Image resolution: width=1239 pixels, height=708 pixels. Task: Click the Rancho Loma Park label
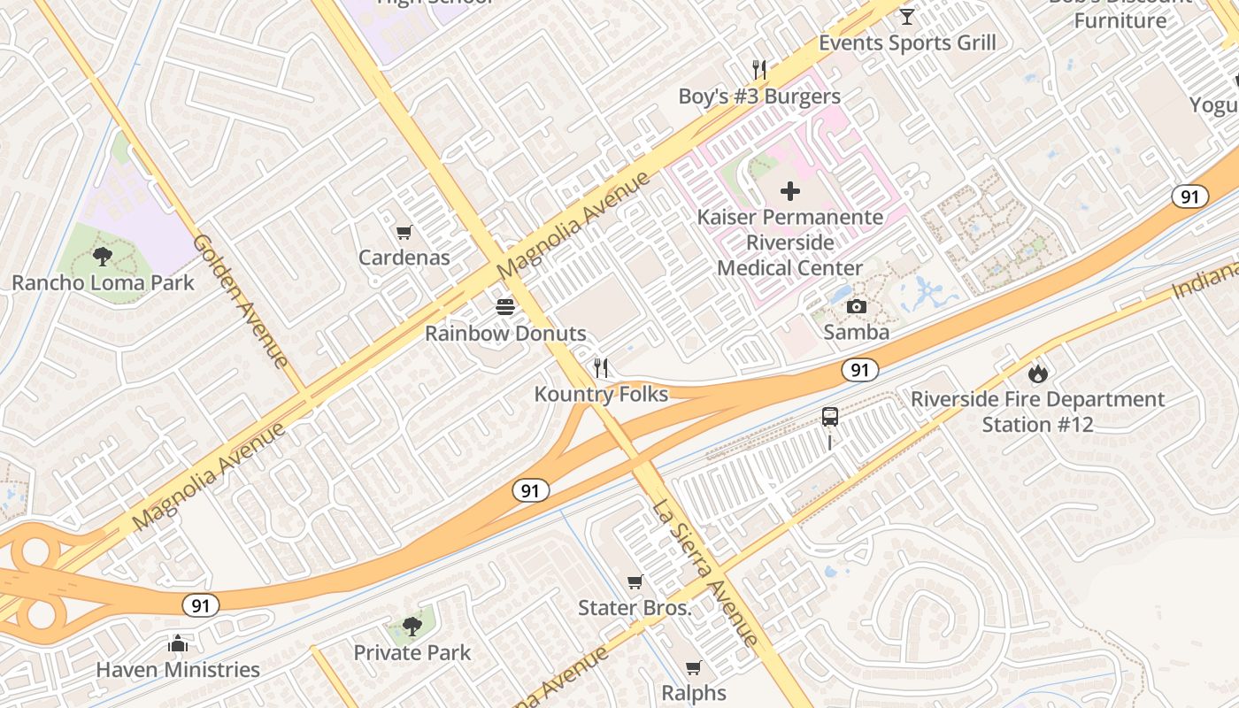coord(103,283)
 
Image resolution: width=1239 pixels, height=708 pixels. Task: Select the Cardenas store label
coord(404,258)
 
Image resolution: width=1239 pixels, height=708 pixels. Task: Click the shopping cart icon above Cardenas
coord(404,233)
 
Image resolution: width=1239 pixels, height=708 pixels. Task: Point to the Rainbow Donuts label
coord(505,334)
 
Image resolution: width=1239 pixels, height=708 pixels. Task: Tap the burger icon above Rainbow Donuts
coord(505,307)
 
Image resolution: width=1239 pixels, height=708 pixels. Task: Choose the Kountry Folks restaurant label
coord(601,394)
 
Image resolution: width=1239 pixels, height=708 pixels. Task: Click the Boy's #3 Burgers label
coord(759,96)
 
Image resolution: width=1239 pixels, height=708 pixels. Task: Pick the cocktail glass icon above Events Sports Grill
coord(907,17)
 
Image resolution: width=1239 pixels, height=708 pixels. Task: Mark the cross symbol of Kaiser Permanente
coord(790,191)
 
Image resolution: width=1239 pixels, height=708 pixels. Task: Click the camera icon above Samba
coord(857,307)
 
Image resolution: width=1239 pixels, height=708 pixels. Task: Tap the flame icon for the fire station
coord(1038,373)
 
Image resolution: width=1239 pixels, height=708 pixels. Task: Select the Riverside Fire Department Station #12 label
coord(1038,412)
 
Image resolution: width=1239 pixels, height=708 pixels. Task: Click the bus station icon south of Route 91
coord(829,417)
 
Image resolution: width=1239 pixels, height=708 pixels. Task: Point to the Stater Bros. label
coord(635,608)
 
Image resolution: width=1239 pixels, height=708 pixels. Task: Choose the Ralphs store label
coord(694,693)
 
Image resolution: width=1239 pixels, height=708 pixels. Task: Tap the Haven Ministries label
coord(178,670)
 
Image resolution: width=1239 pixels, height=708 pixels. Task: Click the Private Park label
coord(412,653)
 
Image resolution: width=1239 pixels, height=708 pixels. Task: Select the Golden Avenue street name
coord(241,301)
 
